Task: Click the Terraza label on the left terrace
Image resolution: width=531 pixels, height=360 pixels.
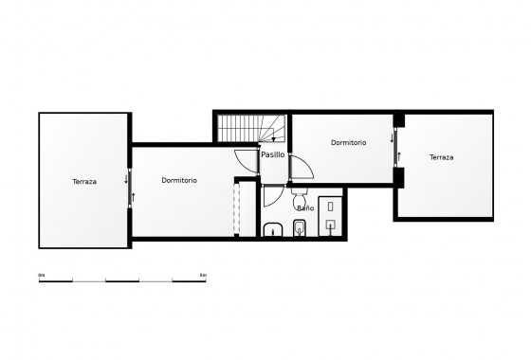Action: coord(83,181)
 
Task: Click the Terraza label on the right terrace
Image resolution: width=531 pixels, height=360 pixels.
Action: coord(441,157)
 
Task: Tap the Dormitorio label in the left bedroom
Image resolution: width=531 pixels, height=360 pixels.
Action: coord(179,180)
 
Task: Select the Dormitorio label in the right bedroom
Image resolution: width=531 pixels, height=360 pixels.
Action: coord(348,142)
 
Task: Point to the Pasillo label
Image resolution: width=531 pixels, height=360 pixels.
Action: coord(273,153)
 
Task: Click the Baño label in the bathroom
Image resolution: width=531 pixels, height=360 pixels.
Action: coord(304,207)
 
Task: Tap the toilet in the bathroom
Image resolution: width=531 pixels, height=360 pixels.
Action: coord(300,227)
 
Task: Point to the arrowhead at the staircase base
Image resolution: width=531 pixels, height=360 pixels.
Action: coord(273,139)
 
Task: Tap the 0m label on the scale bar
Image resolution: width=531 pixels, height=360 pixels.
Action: coord(42,275)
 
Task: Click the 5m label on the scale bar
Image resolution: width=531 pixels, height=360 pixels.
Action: coord(204,275)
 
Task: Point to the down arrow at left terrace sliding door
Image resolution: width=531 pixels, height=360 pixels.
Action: coord(127,176)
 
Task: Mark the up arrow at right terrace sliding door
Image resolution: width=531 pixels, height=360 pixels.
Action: coord(397,155)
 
